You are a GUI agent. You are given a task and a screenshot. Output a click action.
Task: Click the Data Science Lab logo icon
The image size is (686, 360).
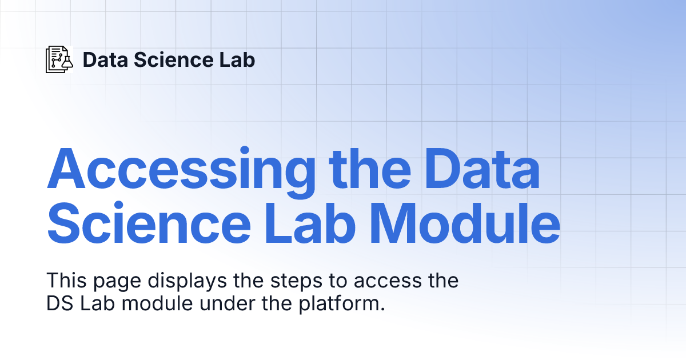coord(59,59)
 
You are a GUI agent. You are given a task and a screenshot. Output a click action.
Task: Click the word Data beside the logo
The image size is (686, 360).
coord(105,59)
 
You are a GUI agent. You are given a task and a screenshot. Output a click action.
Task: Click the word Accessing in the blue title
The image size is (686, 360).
coord(181,173)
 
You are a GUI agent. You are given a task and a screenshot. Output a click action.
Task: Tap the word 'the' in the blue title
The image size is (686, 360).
coord(370,169)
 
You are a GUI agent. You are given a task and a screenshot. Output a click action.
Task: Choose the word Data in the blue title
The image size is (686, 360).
coord(482,169)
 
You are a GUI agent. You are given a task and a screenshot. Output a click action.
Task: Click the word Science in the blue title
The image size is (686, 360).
coord(149,222)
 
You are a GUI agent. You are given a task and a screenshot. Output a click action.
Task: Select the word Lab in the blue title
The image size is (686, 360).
coord(310,222)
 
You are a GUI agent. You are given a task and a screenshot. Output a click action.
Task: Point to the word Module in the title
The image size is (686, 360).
coord(465,222)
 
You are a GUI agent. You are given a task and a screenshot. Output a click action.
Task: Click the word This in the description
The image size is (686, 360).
coord(66,280)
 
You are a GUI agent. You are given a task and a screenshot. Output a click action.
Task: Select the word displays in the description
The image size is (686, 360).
coord(188,282)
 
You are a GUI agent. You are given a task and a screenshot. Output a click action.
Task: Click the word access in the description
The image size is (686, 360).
coord(388,281)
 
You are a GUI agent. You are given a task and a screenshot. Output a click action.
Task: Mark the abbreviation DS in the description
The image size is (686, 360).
coord(59,303)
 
